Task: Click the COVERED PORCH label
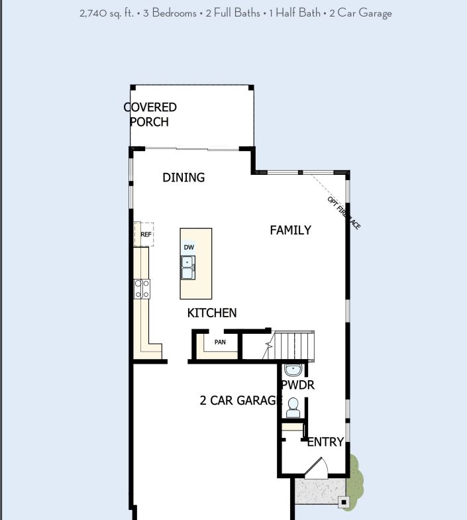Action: [150, 115]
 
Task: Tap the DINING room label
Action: [183, 178]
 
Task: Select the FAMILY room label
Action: [290, 231]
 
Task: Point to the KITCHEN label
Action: [212, 313]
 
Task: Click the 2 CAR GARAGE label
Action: [240, 400]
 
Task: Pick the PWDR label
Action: [297, 385]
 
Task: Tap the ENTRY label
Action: [325, 442]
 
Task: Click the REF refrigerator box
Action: [145, 234]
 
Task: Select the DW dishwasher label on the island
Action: [189, 247]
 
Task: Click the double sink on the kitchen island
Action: [188, 268]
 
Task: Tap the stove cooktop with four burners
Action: [142, 289]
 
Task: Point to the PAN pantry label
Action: [220, 342]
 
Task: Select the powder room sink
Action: [293, 369]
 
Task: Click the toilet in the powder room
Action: [293, 407]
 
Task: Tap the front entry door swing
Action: [317, 468]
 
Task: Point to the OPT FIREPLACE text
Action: [344, 213]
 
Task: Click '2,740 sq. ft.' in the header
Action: [106, 13]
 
